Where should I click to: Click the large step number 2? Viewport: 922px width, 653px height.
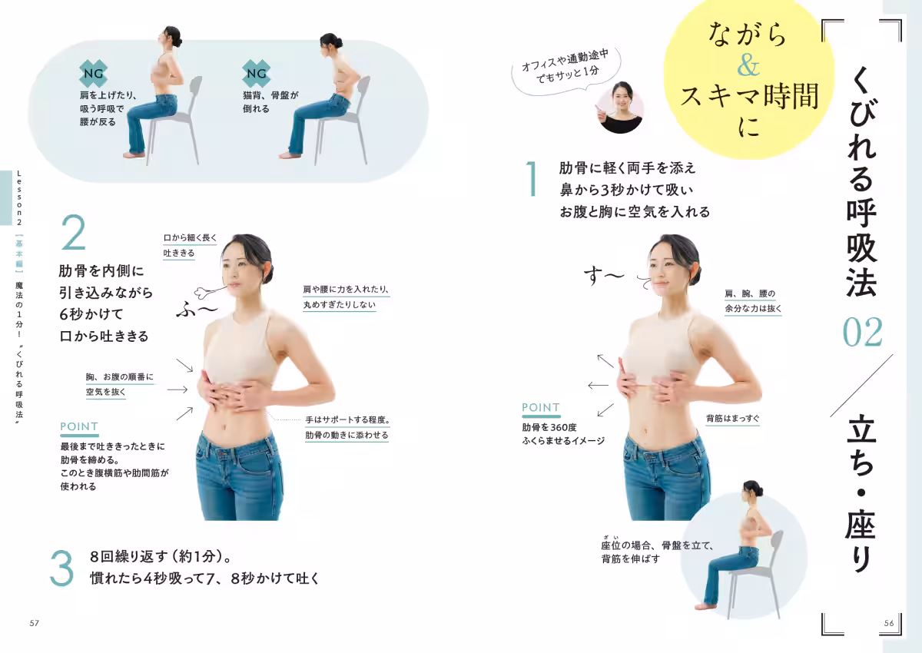click(73, 234)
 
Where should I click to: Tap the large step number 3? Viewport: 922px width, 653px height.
click(62, 567)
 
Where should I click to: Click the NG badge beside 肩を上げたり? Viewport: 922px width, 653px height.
click(91, 74)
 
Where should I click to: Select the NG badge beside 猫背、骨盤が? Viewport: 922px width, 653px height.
click(255, 74)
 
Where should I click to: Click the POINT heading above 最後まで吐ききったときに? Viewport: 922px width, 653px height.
click(79, 426)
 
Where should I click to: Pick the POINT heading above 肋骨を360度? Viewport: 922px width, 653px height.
click(541, 407)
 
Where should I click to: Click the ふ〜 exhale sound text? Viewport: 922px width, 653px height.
click(198, 309)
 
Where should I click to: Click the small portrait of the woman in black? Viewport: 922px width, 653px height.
click(619, 108)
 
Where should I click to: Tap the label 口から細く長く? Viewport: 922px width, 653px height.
click(191, 238)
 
